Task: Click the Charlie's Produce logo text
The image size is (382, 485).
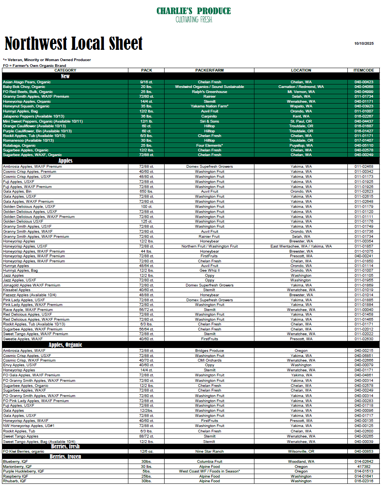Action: [x=194, y=11]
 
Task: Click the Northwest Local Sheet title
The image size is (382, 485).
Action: [x=74, y=44]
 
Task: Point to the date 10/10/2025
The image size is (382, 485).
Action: [x=364, y=44]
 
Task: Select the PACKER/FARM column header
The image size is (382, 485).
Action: [x=209, y=70]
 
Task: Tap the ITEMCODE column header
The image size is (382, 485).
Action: [x=363, y=70]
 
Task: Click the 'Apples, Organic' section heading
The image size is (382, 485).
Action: [x=65, y=345]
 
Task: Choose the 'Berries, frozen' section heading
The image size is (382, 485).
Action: [x=65, y=457]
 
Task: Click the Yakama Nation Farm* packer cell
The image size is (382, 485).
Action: [x=209, y=106]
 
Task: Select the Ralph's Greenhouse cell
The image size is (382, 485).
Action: [x=209, y=92]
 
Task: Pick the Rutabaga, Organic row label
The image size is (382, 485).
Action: [x=19, y=146]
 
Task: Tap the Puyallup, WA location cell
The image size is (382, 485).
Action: [x=301, y=146]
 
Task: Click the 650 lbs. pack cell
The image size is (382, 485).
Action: [x=146, y=192]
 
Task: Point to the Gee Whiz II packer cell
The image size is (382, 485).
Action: [x=209, y=271]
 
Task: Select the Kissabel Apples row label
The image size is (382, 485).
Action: [x=17, y=290]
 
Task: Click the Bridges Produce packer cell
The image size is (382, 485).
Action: [x=209, y=351]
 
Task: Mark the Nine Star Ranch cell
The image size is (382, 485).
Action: [x=209, y=452]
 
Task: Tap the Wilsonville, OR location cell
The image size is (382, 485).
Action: [x=301, y=452]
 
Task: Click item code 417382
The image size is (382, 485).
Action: [x=363, y=466]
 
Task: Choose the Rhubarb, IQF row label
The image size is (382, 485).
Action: [x=15, y=481]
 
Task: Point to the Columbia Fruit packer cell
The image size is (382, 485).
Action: [x=209, y=462]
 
